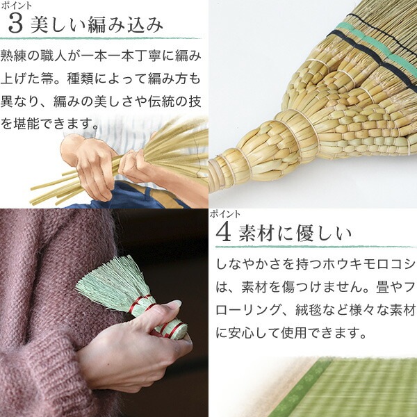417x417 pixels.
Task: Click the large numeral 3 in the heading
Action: click(15, 24)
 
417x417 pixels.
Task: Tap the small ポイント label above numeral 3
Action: click(16, 6)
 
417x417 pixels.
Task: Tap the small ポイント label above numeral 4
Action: click(225, 214)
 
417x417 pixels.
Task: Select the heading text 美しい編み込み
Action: click(97, 25)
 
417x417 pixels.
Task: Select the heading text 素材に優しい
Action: click(295, 233)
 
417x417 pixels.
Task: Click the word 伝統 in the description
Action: click(161, 101)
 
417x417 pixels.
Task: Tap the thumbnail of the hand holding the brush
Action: click(104, 313)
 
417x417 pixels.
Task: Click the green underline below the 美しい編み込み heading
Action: click(99, 38)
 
